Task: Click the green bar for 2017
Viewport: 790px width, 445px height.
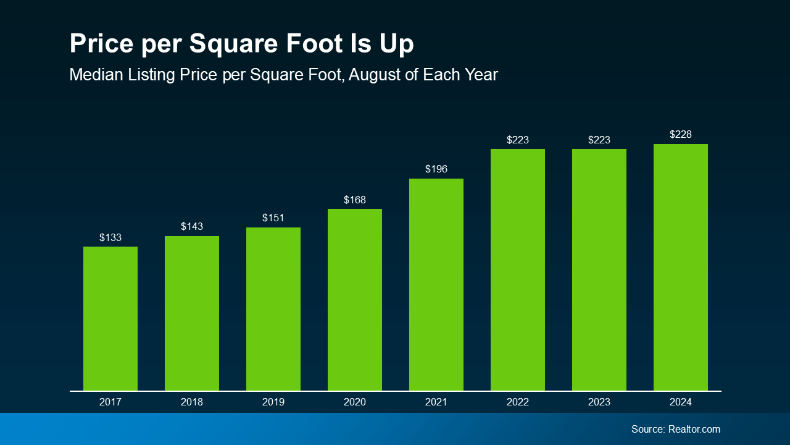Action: coord(110,318)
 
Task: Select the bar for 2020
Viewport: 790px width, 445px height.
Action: coord(355,300)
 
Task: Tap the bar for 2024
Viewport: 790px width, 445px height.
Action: coord(681,267)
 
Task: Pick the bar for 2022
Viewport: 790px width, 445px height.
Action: coord(518,269)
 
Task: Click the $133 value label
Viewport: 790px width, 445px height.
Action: coord(110,237)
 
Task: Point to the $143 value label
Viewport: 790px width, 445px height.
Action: coord(192,227)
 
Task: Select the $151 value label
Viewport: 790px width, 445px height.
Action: coord(273,218)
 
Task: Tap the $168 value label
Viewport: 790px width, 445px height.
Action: coord(355,200)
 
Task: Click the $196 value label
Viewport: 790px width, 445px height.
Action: coord(436,169)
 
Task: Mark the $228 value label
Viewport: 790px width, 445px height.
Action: coord(681,135)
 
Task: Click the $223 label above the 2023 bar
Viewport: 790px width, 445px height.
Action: coord(599,140)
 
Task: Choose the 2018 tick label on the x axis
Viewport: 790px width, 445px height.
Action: coord(192,402)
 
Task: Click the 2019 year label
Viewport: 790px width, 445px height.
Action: coord(273,402)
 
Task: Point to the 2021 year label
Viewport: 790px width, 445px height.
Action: coord(436,402)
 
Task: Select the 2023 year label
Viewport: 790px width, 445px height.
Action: coord(599,402)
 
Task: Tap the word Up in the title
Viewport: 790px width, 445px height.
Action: coord(397,44)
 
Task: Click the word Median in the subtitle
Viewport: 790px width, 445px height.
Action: coord(93,75)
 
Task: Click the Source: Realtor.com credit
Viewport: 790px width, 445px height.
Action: coord(675,429)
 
